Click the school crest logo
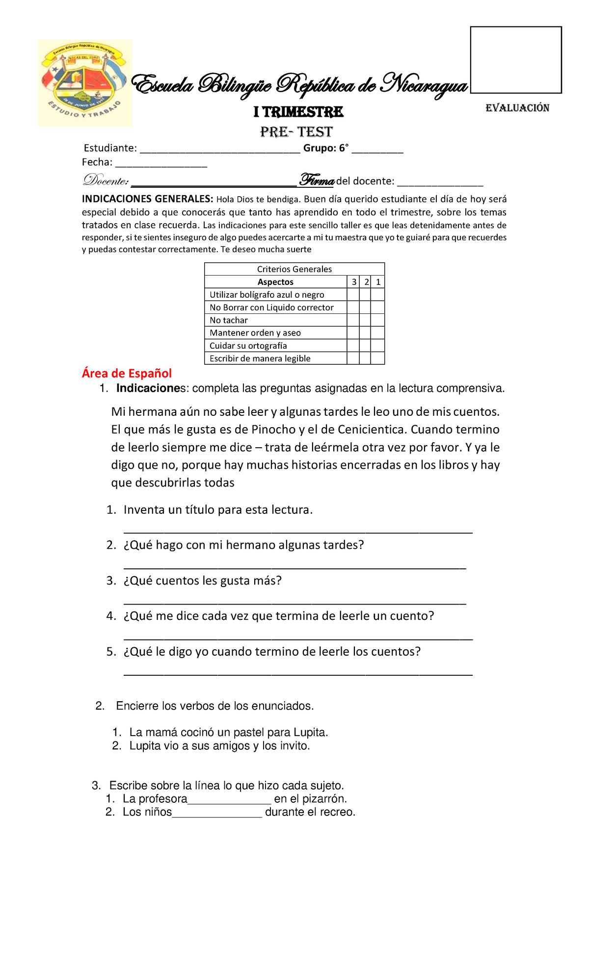pos(84,83)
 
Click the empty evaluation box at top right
pos(516,60)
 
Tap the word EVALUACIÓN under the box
pos(517,108)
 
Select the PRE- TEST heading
pos(296,132)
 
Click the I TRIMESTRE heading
pos(298,112)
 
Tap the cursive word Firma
pos(317,180)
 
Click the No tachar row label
pos(229,320)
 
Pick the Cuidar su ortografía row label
pos(248,346)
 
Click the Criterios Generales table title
pos(294,269)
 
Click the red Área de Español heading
pos(127,373)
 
